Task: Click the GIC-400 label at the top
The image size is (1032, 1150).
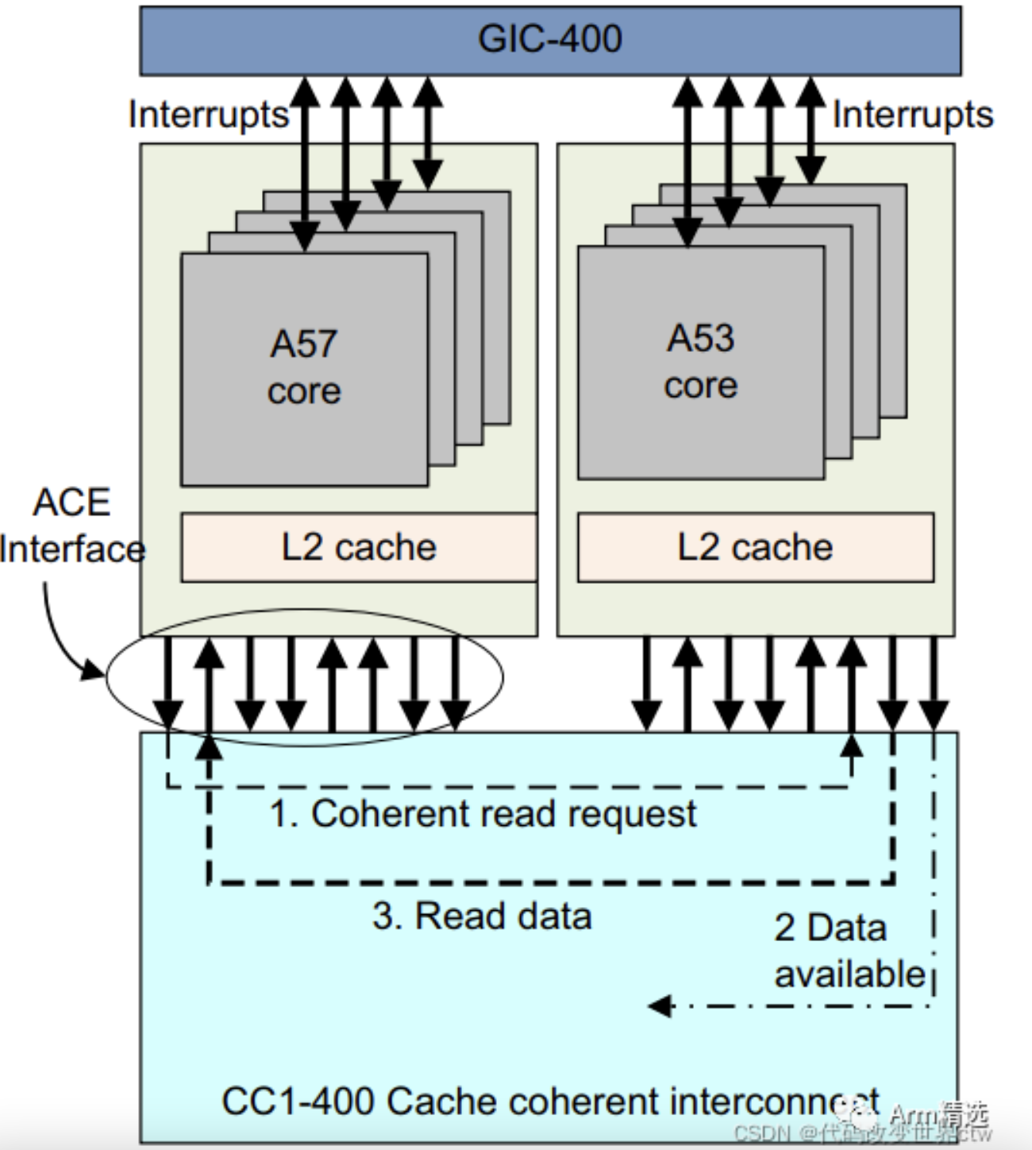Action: pos(549,39)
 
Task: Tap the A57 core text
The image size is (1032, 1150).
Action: pos(304,367)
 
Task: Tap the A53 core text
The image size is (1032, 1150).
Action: pos(701,361)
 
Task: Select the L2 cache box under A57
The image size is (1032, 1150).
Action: pos(359,547)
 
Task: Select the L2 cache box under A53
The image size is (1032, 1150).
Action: pos(755,547)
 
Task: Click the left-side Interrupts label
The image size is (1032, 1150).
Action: pos(208,114)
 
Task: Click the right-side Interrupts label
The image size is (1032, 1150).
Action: pos(912,114)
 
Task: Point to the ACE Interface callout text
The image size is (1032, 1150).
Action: pos(71,526)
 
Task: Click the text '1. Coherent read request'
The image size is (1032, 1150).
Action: pos(483,814)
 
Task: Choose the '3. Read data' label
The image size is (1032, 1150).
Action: pos(482,916)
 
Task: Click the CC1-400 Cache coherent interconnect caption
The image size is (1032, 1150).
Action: pos(549,1102)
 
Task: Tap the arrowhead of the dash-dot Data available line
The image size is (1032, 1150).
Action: pos(656,1007)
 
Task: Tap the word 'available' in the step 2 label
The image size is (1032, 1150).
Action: pos(849,974)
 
